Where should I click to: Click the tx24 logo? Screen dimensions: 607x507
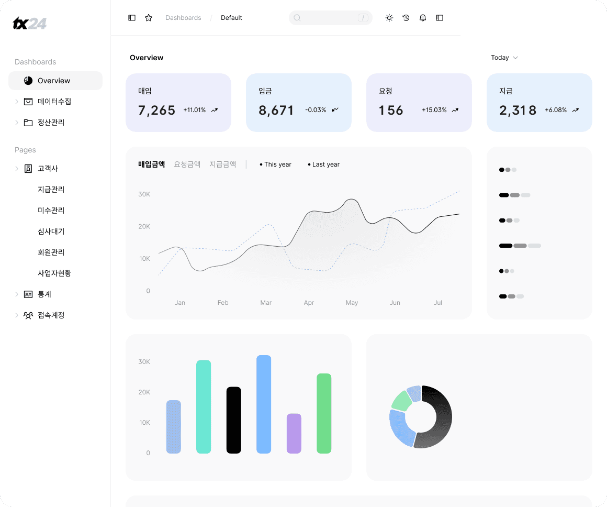click(x=29, y=23)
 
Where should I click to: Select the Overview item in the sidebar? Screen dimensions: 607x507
click(x=54, y=81)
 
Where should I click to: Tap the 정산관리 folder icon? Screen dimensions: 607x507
click(x=28, y=123)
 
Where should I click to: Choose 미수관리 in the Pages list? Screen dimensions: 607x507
click(x=51, y=211)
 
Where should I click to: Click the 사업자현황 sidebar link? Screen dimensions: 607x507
click(x=54, y=273)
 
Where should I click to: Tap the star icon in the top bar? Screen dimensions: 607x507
click(x=149, y=18)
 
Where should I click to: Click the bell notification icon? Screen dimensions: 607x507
click(x=423, y=18)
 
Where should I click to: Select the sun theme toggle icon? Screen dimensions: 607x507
click(x=389, y=18)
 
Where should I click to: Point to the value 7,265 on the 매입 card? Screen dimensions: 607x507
click(x=157, y=111)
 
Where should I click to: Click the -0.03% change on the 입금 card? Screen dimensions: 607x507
click(x=316, y=110)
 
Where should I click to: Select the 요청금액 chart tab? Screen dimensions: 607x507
click(x=187, y=164)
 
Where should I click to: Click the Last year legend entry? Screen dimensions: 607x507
click(x=323, y=164)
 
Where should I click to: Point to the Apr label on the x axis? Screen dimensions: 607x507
click(x=309, y=303)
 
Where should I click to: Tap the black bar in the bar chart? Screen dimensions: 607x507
click(x=234, y=420)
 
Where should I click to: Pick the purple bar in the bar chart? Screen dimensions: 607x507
click(x=294, y=433)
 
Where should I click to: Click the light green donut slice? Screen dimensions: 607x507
click(x=401, y=401)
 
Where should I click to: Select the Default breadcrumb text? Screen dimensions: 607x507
click(x=231, y=18)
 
